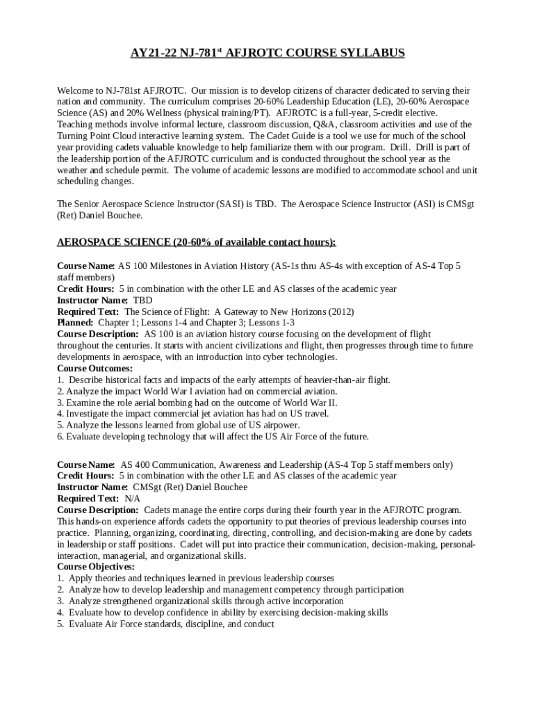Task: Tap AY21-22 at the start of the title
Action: point(151,53)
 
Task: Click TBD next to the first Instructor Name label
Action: point(142,300)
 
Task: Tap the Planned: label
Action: point(75,323)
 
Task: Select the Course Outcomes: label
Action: point(94,369)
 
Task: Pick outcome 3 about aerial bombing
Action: point(197,403)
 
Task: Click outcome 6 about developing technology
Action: point(213,437)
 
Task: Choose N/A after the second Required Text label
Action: point(132,499)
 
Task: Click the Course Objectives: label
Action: point(96,567)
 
